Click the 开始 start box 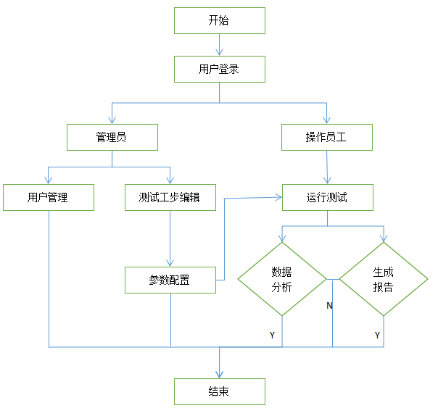[219, 20]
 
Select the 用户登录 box [219, 70]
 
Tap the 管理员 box [112, 137]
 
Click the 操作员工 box [328, 137]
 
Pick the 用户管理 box [48, 197]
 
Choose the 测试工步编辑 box [170, 197]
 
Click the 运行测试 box [327, 197]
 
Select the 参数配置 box [170, 280]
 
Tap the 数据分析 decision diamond [281, 280]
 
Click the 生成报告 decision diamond [383, 280]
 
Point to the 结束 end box [219, 391]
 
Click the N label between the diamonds [329, 306]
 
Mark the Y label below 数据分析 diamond [272, 336]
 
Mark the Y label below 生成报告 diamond [377, 336]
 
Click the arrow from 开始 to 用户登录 [219, 45]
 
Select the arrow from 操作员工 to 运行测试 [328, 167]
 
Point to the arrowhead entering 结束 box [219, 374]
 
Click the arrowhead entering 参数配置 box [170, 263]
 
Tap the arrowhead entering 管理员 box [112, 120]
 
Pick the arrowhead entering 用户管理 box [49, 181]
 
